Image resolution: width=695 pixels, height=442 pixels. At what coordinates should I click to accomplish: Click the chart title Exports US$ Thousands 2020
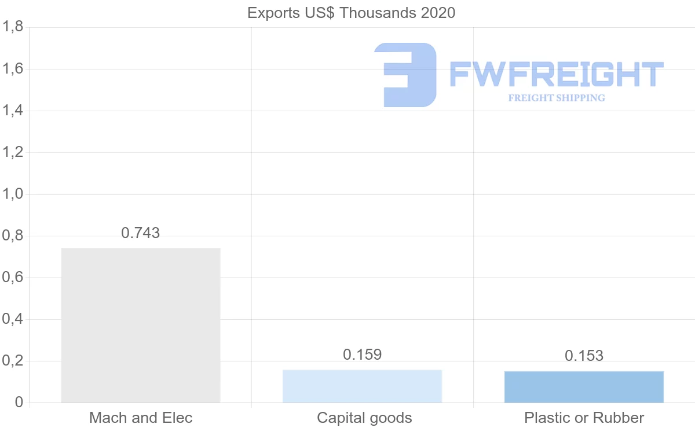[351, 13]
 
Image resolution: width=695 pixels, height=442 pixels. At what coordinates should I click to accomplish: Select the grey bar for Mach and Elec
[141, 325]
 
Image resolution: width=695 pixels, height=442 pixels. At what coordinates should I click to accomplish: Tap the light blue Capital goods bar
[362, 386]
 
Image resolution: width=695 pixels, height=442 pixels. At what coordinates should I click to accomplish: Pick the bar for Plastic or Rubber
[584, 386]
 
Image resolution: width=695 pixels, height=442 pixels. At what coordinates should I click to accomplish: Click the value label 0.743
[141, 233]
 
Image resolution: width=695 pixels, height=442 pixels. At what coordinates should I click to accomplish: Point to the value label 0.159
[363, 355]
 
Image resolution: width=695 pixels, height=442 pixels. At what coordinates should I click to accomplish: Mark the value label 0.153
[584, 356]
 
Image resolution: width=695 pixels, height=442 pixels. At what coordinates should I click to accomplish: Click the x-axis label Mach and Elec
[141, 418]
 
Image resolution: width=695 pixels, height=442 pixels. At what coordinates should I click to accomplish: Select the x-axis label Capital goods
[364, 418]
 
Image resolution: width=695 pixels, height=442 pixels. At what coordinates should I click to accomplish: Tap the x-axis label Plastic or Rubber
[584, 418]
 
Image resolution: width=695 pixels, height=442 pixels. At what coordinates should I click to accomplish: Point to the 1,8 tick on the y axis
[13, 27]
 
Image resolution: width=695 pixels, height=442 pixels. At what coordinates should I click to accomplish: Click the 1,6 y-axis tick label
[13, 69]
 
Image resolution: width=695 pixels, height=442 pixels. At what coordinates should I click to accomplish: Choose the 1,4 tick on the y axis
[13, 111]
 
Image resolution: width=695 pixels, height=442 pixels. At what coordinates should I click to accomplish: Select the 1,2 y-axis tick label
[13, 152]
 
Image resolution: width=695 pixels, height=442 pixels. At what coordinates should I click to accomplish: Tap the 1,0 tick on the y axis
[13, 194]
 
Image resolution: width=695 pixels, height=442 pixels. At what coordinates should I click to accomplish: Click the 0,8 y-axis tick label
[13, 236]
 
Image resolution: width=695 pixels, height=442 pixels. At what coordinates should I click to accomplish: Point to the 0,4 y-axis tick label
[13, 319]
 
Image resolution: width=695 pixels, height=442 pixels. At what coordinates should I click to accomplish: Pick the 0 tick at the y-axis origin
[19, 403]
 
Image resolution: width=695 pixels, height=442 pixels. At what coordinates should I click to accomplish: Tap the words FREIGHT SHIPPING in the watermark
[557, 98]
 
